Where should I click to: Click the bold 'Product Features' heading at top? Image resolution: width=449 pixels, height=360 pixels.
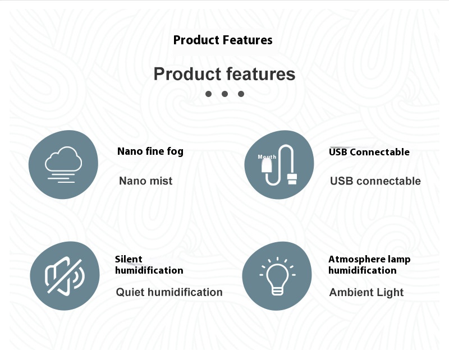coord(223,40)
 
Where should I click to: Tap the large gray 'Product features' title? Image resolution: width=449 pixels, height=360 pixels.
coord(224,74)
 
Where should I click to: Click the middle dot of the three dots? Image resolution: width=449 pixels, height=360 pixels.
coord(225,94)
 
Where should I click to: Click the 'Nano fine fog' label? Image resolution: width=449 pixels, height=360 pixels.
coord(150,151)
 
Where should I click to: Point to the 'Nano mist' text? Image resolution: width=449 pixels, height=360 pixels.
coord(146,181)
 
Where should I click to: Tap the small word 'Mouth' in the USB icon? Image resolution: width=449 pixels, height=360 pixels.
coord(267,157)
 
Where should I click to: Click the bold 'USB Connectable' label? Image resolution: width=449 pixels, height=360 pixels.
coord(369,152)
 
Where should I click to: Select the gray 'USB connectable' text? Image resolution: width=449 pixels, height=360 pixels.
coord(375,181)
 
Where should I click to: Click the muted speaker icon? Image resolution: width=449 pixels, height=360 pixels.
coord(65,275)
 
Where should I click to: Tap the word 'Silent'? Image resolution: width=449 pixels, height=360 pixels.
coord(129,259)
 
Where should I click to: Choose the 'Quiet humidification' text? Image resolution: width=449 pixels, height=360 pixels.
coord(169,292)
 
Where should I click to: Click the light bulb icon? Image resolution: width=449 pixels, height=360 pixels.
coord(277,276)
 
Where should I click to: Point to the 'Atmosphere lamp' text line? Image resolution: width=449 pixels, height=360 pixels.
coord(369,260)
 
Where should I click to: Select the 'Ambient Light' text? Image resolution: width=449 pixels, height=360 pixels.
coord(366,293)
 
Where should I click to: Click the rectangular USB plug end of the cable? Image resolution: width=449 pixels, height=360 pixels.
coord(292,179)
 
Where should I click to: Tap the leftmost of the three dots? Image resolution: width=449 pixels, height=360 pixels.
coord(208,94)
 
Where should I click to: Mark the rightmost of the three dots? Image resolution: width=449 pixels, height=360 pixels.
coord(241,94)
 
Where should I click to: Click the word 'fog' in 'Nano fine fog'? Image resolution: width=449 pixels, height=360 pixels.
coord(175,151)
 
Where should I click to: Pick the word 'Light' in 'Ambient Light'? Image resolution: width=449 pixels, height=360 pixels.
coord(390,293)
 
